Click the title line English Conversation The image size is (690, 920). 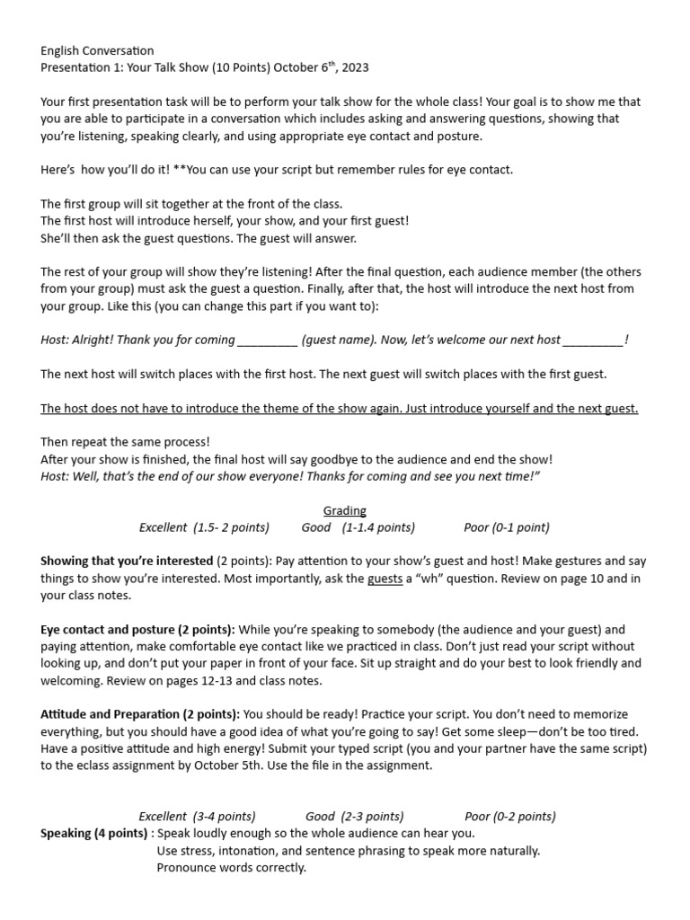pos(97,50)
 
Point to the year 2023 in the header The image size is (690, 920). pos(353,67)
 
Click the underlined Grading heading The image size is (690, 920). pos(345,510)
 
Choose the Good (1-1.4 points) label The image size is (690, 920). pos(358,527)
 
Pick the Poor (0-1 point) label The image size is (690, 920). pos(507,527)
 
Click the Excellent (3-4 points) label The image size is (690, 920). pos(197,816)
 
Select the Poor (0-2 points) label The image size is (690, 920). pos(510,816)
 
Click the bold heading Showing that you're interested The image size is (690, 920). pos(127,561)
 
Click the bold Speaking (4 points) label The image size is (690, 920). pos(93,833)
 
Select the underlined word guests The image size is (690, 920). pos(385,579)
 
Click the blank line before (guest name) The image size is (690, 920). pos(266,340)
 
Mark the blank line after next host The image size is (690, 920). pos(592,340)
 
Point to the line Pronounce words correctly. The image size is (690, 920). pos(231,867)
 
